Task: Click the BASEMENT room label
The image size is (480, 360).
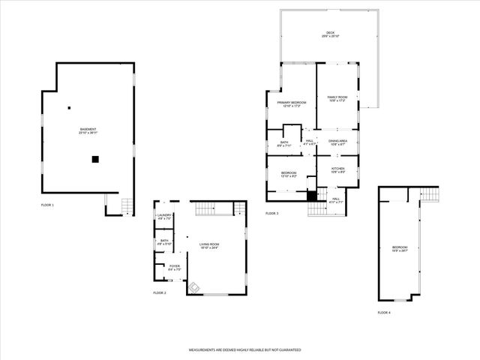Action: [88, 131]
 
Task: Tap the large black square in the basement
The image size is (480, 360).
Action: [95, 158]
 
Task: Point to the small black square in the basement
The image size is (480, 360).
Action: [69, 107]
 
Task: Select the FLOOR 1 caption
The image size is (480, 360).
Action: [47, 204]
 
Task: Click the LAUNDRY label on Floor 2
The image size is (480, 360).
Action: [163, 217]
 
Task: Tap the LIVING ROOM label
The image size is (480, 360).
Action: [209, 245]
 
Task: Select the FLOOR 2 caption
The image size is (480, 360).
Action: [160, 292]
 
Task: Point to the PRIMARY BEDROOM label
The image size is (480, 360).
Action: [292, 103]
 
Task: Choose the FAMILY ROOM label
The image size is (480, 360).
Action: [337, 98]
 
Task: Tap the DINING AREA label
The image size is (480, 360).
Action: [337, 142]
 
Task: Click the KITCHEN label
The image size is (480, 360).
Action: [337, 170]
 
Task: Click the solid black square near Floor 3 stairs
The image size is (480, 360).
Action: [312, 196]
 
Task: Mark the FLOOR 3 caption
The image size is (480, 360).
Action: [271, 214]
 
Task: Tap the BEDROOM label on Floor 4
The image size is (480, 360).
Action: [400, 249]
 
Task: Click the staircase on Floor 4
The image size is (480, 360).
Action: [431, 195]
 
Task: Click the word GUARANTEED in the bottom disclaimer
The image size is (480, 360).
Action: [286, 349]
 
